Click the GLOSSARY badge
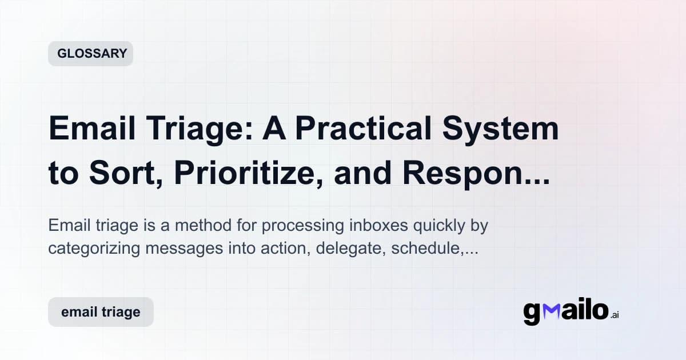click(x=90, y=54)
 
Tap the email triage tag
click(x=101, y=312)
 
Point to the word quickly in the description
click(x=441, y=226)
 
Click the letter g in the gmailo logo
click(x=532, y=314)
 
